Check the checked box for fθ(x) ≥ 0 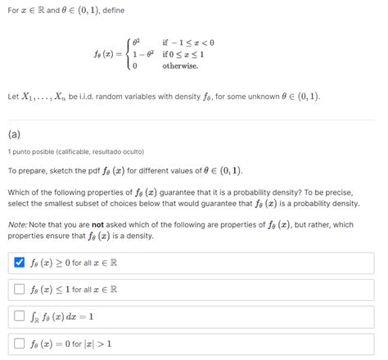coord(19,263)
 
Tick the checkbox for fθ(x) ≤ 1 coord(19,289)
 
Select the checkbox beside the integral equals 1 coord(19,316)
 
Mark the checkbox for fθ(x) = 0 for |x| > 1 coord(19,343)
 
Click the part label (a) coord(14,134)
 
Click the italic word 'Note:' coord(18,224)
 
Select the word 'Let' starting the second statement coord(13,97)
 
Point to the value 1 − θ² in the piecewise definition coord(142,54)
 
